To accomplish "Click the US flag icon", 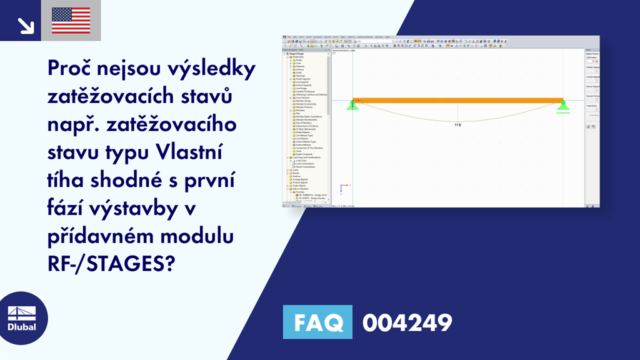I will [x=71, y=21].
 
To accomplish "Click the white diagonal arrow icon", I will [x=26, y=24].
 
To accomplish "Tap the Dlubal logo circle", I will [x=21, y=319].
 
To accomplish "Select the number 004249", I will [x=407, y=322].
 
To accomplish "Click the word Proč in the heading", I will [x=71, y=70].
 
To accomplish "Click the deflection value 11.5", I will [x=457, y=125].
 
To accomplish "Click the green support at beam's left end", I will [x=352, y=105].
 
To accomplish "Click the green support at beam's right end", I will [x=562, y=105].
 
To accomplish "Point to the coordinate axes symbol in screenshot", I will [x=342, y=187].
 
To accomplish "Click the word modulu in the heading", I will [x=199, y=237].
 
